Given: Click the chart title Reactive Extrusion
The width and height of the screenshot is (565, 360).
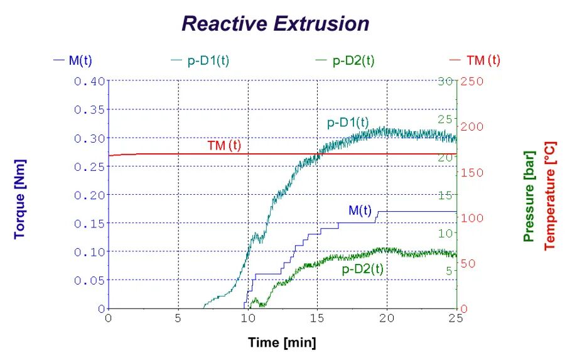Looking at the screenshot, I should (x=275, y=24).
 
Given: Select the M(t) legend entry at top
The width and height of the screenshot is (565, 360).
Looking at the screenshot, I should (x=80, y=60).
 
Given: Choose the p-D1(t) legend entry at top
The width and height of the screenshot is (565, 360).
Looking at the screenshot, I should (x=208, y=60).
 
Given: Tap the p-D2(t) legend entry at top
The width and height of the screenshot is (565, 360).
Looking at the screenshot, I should (x=353, y=60).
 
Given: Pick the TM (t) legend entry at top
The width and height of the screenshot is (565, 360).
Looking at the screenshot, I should (x=483, y=60).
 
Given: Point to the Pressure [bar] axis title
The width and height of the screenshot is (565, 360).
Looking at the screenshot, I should (x=529, y=195).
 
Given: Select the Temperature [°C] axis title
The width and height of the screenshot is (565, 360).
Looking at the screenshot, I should (x=550, y=195).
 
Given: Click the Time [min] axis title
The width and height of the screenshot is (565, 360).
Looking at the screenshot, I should (x=282, y=343).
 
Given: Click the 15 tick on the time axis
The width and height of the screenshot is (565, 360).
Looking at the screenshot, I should (x=318, y=319).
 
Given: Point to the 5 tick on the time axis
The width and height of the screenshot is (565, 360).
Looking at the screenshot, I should (x=179, y=319).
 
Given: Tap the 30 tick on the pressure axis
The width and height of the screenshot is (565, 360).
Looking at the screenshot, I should (x=446, y=81).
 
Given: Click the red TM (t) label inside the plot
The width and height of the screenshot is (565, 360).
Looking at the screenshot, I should (x=224, y=146).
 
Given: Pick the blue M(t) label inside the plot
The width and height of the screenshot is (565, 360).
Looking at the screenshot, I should (x=360, y=210).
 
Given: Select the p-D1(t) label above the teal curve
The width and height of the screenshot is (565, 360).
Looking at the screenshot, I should (x=348, y=123).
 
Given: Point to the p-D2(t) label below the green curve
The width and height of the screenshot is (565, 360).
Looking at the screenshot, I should (x=363, y=269).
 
